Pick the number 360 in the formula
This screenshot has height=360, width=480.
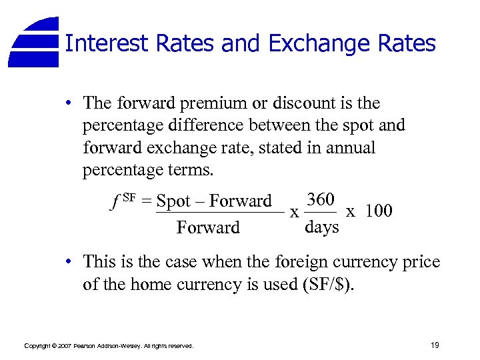tap(321, 199)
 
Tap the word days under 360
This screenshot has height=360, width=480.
tap(321, 227)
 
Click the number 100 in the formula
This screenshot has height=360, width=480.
tap(379, 211)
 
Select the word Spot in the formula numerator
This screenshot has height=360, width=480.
tap(174, 201)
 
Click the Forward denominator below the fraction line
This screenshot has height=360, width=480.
tap(207, 228)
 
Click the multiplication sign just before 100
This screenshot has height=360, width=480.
tap(350, 211)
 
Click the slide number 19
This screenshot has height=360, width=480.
tap(435, 345)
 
